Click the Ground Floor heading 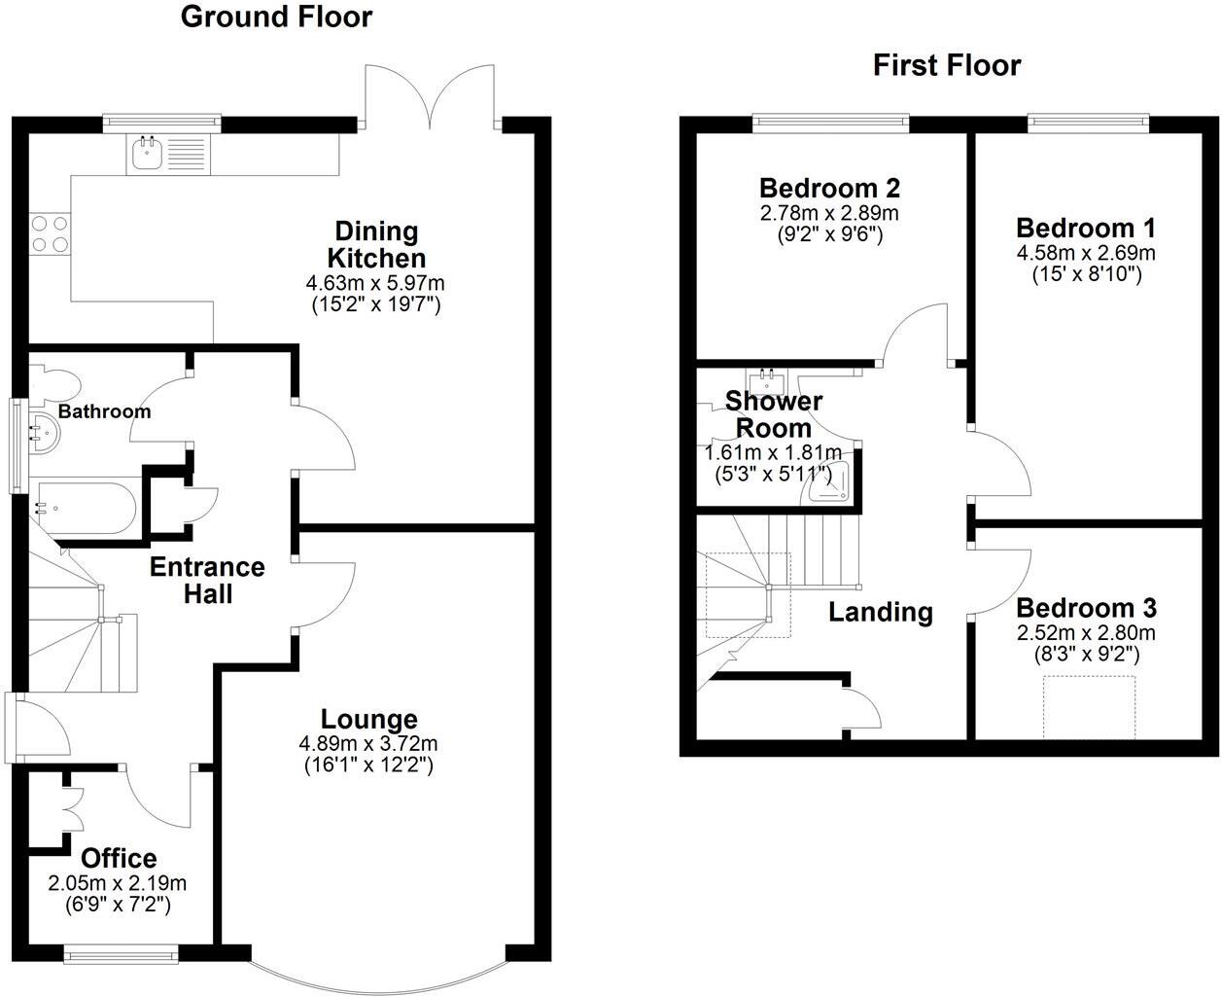276,17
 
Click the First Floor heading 947,65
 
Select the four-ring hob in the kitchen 50,234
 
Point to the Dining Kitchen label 376,244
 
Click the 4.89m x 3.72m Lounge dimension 368,743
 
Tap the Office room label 119,858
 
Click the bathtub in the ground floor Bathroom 87,508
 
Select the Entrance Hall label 207,581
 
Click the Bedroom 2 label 829,189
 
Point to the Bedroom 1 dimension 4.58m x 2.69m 1086,253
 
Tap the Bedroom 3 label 1086,608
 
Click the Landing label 880,613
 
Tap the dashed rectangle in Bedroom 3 1089,707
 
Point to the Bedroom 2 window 831,123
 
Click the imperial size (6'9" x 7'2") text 118,905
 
